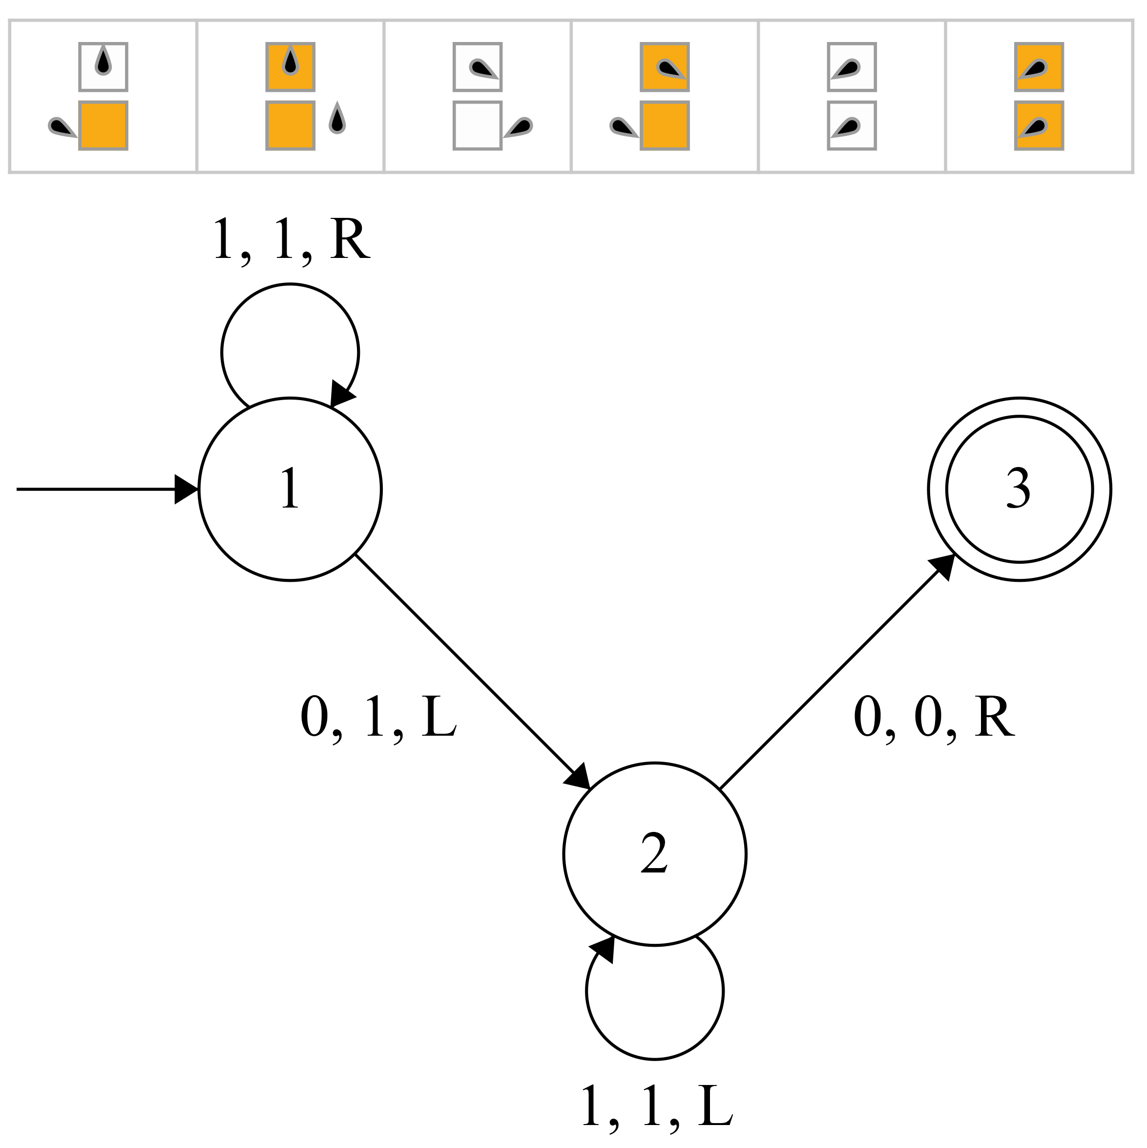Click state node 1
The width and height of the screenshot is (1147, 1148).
click(290, 489)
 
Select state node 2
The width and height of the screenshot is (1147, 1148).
click(655, 854)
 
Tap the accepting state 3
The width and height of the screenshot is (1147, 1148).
click(1019, 489)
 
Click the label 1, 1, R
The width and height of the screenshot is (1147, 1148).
click(291, 239)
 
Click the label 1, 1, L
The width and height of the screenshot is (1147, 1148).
click(657, 1106)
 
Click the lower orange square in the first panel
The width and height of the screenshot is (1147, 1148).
click(104, 126)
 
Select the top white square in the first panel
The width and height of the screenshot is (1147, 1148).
click(104, 66)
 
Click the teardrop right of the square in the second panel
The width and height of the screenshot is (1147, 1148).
click(337, 119)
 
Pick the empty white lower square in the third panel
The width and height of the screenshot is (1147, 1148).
click(478, 126)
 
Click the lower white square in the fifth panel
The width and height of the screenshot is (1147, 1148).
click(852, 126)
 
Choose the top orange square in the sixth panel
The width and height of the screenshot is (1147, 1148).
click(1039, 66)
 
